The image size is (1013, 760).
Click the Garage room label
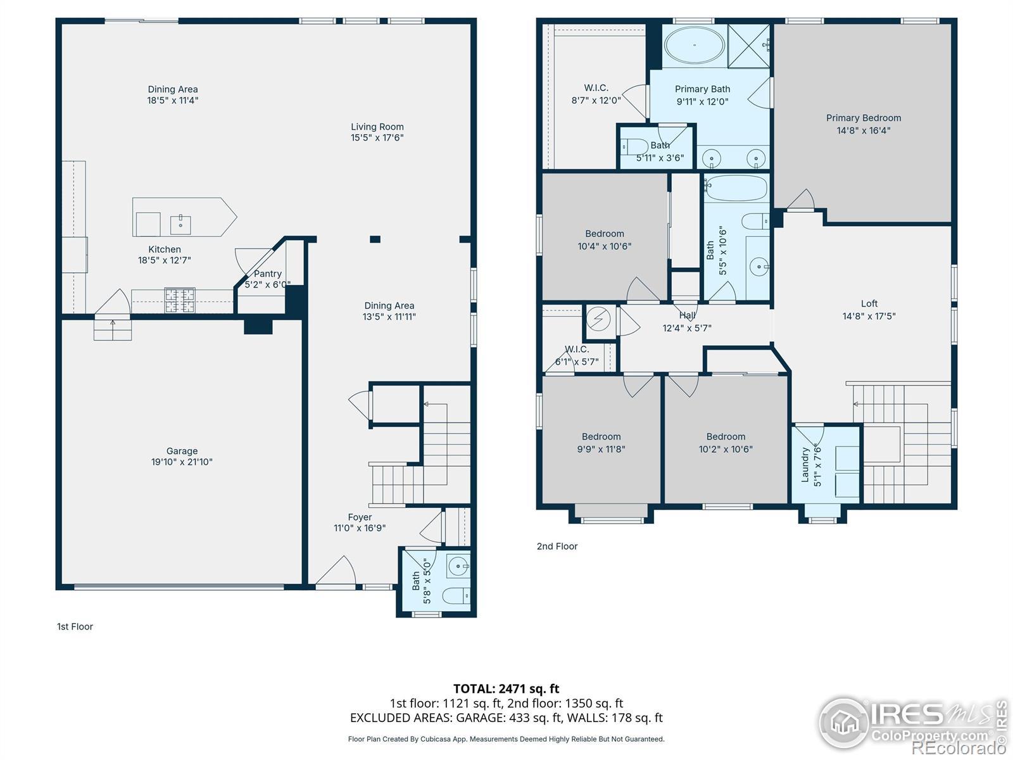[x=182, y=457]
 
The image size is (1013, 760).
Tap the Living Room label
[x=377, y=132]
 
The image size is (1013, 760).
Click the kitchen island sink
[x=180, y=225]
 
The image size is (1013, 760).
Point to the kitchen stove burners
[x=180, y=300]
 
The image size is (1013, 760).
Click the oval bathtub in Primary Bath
[x=694, y=45]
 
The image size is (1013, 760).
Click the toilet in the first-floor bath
[x=456, y=596]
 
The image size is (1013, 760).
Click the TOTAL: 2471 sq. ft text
[x=507, y=689]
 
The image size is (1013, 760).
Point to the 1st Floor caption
[x=75, y=626]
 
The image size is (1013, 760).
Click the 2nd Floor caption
[x=557, y=547]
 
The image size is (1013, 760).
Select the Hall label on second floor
[x=687, y=315]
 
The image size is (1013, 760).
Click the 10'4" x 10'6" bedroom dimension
[x=605, y=246]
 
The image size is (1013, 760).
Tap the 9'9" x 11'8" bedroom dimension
[x=601, y=449]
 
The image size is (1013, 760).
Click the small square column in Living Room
[x=375, y=239]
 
